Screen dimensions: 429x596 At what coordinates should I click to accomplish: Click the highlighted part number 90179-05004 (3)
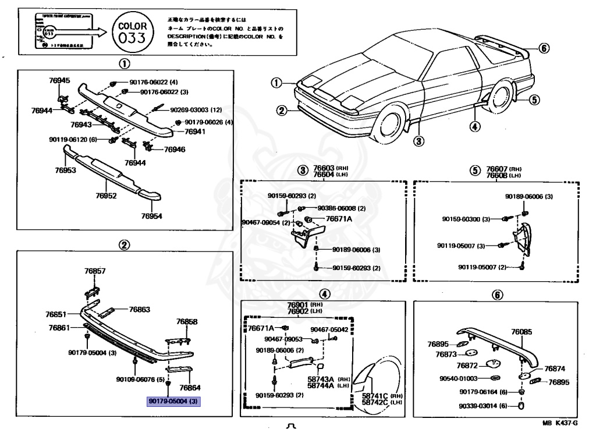click(173, 401)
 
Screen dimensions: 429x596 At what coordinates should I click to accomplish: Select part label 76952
click(106, 196)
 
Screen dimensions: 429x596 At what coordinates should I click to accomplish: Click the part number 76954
click(151, 216)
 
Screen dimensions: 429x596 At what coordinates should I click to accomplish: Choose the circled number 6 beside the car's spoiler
click(543, 48)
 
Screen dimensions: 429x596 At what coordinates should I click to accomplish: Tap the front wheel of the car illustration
click(391, 124)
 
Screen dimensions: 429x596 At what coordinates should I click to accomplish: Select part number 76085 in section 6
click(521, 332)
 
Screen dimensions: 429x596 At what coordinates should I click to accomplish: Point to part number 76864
click(189, 387)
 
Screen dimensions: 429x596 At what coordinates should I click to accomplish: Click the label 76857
click(95, 271)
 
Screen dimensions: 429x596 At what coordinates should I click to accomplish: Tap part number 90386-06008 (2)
click(342, 208)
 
